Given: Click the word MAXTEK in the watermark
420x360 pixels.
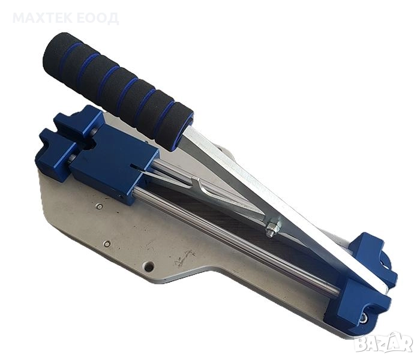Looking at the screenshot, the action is (x=43, y=18).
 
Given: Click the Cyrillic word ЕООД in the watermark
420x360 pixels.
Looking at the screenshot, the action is (x=97, y=18).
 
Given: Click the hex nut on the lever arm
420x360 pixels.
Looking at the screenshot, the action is (x=274, y=229).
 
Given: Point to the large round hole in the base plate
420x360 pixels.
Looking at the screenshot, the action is (x=149, y=266).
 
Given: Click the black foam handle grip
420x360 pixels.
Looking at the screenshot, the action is (x=118, y=92).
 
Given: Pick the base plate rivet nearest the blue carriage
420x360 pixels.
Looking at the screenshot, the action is (x=100, y=206).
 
